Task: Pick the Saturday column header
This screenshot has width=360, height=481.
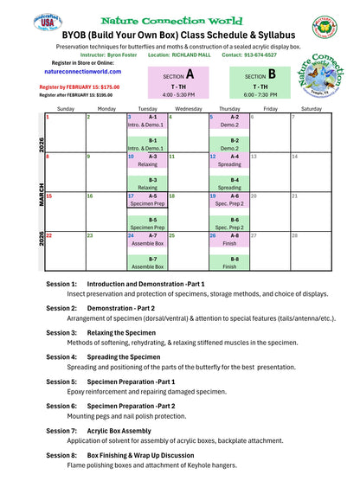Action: [x=311, y=109]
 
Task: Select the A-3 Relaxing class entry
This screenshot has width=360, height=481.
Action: [x=148, y=161]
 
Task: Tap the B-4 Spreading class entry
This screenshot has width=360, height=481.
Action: [x=229, y=183]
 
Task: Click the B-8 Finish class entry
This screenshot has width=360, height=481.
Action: [x=229, y=263]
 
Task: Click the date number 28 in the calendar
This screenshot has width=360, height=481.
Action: [x=295, y=235]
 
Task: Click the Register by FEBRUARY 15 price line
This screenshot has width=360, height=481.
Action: [x=80, y=87]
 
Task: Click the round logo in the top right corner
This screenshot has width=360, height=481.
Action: [x=326, y=27]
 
